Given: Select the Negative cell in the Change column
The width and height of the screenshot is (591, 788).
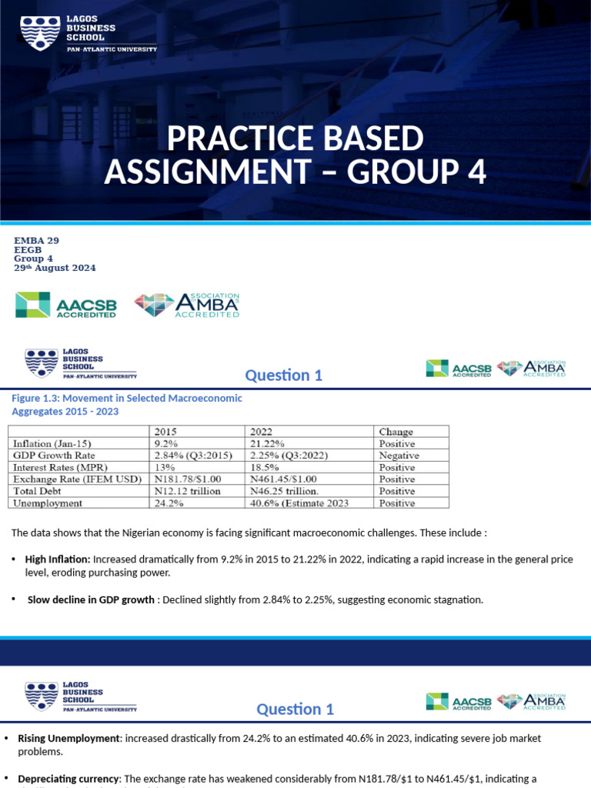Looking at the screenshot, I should pos(399,456).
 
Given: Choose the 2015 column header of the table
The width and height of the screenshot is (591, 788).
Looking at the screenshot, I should pos(167,432).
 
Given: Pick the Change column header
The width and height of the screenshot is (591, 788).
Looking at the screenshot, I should pos(396,432).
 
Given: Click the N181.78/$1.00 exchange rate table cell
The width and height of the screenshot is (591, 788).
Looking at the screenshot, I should pos(188,479).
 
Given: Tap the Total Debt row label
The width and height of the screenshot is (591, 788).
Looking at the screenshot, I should pos(38,491).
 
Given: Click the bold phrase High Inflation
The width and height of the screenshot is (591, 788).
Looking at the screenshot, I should pos(58,559).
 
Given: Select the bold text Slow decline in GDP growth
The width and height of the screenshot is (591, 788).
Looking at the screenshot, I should pos(91,600).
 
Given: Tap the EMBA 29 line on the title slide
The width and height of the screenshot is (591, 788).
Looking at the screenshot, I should pos(37,241).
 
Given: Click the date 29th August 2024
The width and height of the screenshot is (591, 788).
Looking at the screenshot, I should pos(55,268).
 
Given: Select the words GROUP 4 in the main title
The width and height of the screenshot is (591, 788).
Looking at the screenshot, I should pos(416,172).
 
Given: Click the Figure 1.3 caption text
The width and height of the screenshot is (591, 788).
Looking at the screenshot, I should pos(125,405).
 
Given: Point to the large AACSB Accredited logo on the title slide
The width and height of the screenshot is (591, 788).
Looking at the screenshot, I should pos(66,306).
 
